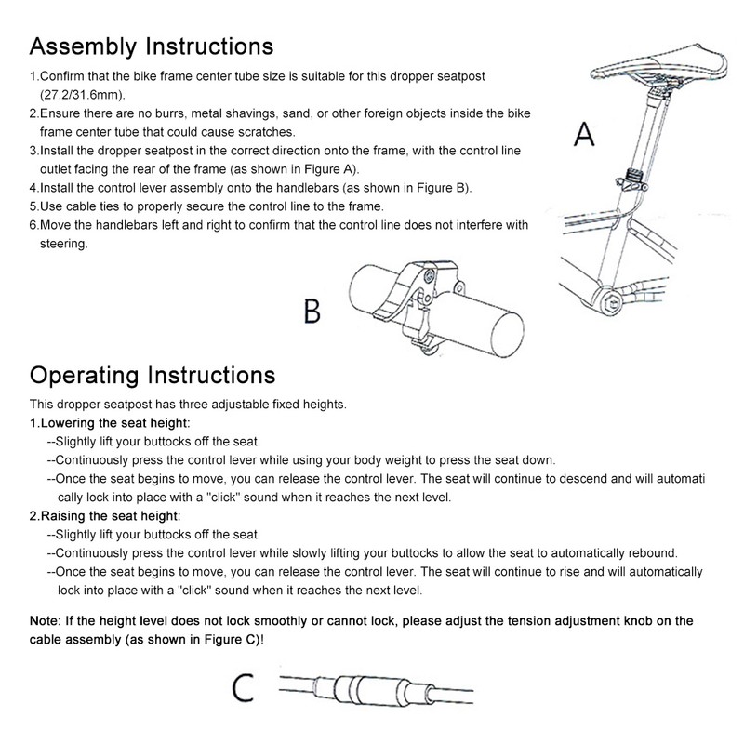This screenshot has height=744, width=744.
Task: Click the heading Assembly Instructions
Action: tap(151, 46)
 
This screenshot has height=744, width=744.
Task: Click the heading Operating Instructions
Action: tap(153, 376)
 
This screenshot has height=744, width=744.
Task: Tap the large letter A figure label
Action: tap(584, 136)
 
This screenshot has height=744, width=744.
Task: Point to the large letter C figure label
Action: tap(244, 688)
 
